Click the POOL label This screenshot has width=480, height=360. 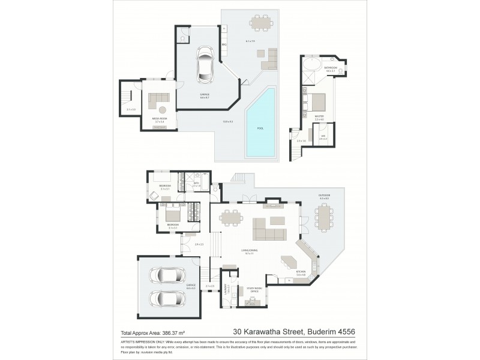click(x=260, y=128)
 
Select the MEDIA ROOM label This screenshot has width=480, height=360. click(x=159, y=119)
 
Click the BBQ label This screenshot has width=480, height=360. click(x=223, y=44)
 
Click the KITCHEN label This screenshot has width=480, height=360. click(x=301, y=272)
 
